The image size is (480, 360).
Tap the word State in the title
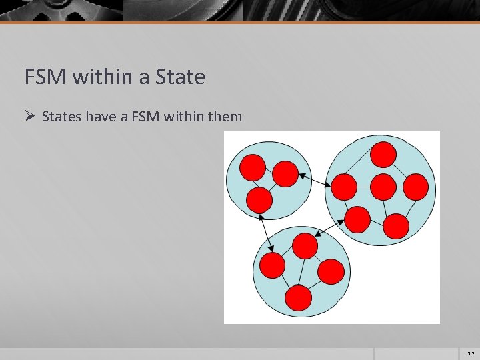[180, 77]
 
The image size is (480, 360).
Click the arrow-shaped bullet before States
[29, 117]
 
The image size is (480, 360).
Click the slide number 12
[471, 353]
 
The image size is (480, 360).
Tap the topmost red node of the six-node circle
[383, 154]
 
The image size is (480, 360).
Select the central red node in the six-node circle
[383, 187]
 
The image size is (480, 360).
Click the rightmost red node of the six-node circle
[415, 187]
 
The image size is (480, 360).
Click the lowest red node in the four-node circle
[299, 298]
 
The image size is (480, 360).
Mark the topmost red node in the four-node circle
[305, 246]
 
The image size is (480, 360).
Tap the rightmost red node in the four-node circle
[331, 271]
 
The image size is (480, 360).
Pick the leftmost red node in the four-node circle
[272, 265]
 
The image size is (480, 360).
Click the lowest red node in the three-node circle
[259, 199]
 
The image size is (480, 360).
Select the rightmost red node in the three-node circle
[285, 173]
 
